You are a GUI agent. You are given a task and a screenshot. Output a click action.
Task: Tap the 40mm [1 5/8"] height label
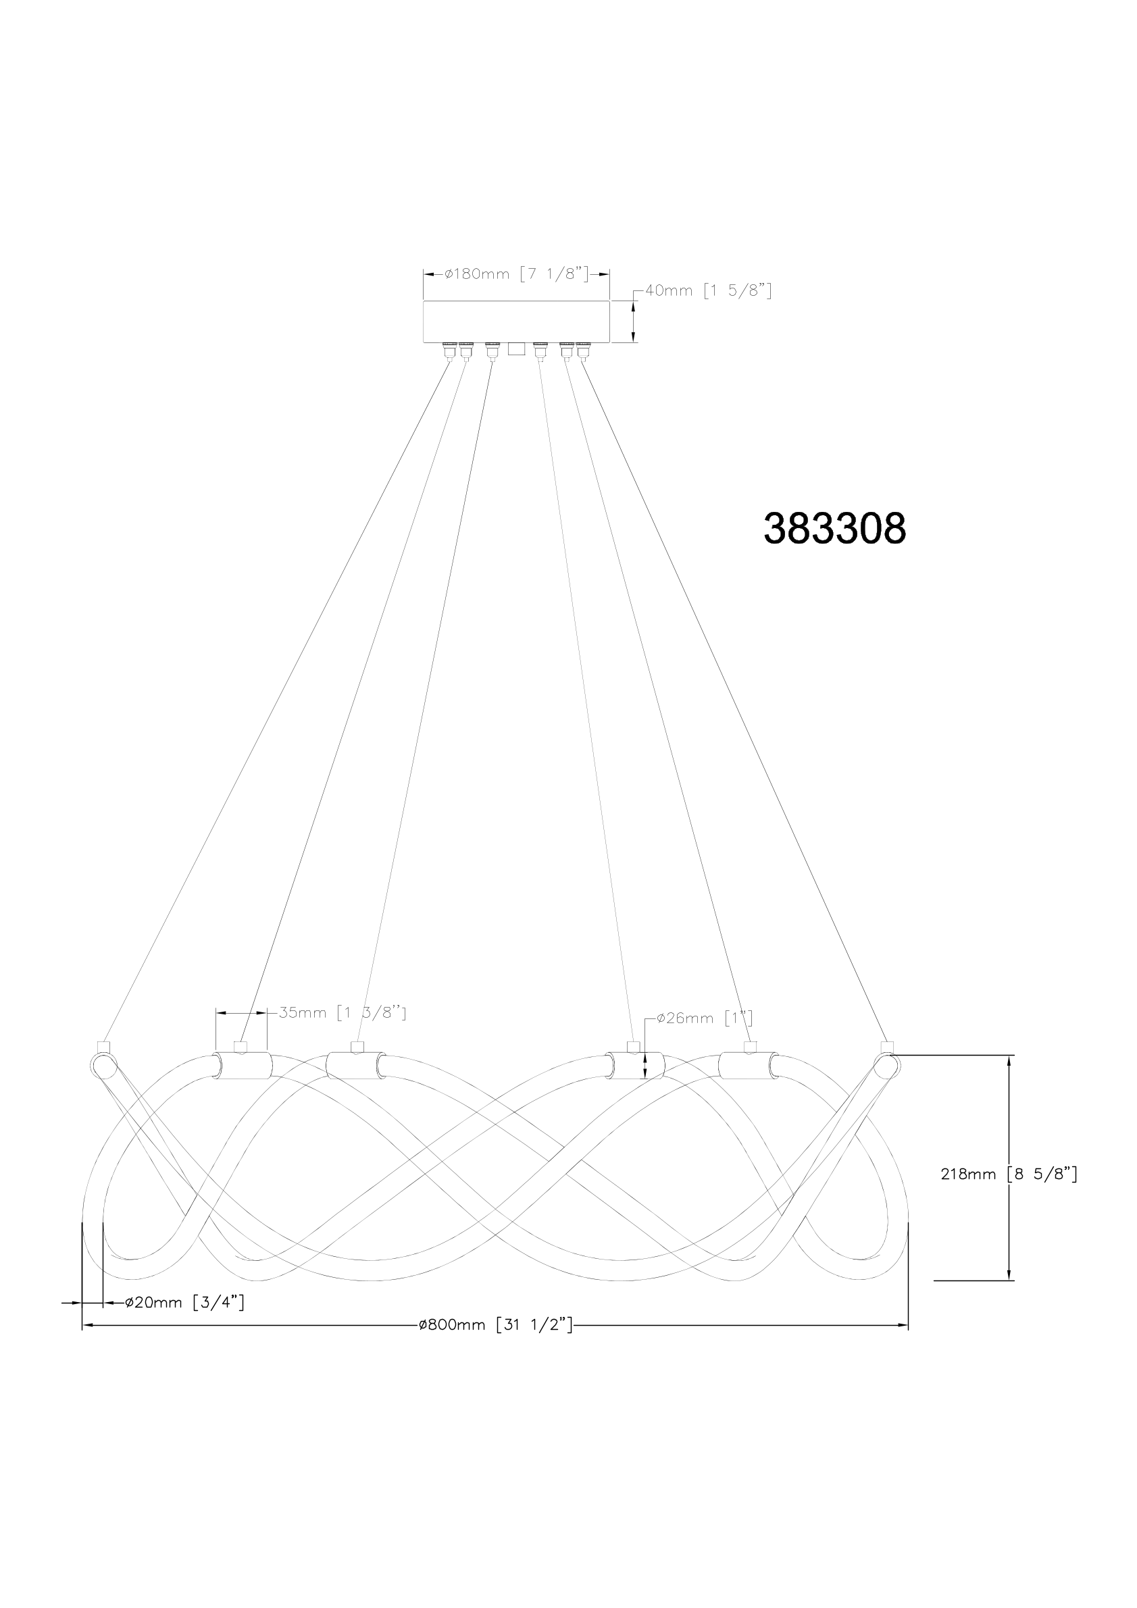point(708,290)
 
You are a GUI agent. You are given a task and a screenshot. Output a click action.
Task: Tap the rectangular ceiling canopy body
point(516,322)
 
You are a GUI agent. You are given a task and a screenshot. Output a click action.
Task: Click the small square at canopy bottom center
point(516,348)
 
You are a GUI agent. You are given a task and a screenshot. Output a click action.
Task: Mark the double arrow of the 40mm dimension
point(634,322)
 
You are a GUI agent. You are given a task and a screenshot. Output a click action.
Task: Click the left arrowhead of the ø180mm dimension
point(430,274)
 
